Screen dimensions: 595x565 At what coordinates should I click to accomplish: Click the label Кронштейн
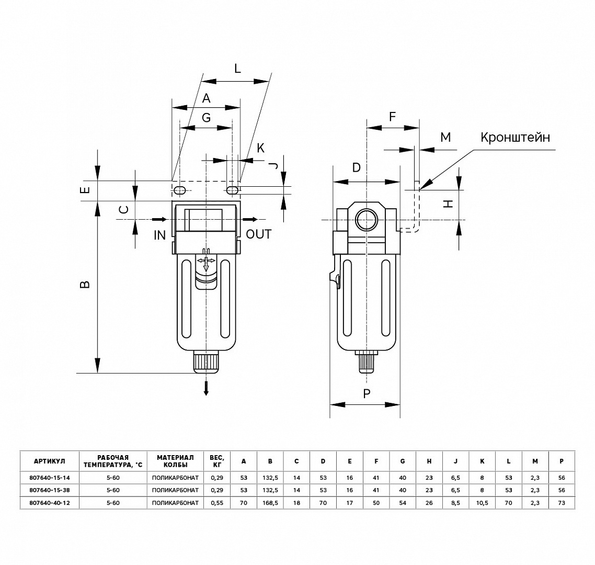515,137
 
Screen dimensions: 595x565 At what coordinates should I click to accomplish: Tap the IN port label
160,235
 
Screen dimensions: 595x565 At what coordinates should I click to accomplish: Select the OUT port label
259,234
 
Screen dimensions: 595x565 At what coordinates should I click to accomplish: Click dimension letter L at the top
237,69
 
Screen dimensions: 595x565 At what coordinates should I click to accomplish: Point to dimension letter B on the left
86,284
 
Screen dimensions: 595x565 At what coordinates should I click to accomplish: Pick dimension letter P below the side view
367,394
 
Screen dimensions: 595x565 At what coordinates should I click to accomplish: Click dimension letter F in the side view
393,116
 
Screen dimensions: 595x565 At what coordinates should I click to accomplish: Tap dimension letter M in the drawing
445,137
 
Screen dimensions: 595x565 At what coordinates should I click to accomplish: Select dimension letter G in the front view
207,118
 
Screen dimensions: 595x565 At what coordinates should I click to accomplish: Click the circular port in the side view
366,220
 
